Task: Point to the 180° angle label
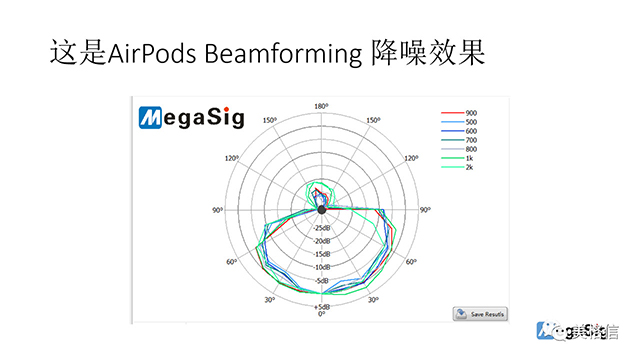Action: (321, 106)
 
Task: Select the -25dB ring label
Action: (321, 227)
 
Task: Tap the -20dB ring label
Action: (321, 240)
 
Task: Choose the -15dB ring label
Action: (321, 253)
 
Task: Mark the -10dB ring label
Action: (321, 266)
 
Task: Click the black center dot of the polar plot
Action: (321, 209)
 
